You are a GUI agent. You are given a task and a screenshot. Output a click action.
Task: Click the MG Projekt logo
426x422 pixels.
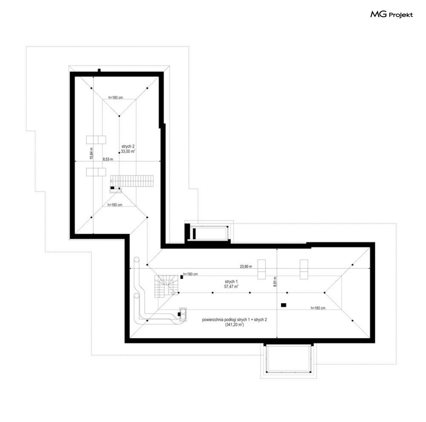(392, 14)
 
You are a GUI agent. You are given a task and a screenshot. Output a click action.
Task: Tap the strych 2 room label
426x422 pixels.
(128, 146)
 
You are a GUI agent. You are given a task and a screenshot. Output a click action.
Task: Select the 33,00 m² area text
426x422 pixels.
(128, 152)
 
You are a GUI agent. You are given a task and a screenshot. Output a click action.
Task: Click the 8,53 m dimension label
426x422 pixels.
(108, 159)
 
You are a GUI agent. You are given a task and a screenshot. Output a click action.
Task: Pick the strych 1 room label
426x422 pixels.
(231, 281)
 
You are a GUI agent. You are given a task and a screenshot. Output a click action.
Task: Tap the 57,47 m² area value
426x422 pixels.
(232, 286)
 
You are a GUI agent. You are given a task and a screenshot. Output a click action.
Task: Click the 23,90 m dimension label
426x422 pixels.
(246, 266)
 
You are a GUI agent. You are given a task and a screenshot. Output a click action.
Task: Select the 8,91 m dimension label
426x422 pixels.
(275, 282)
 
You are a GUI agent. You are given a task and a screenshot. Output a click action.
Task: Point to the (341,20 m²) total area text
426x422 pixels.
(234, 325)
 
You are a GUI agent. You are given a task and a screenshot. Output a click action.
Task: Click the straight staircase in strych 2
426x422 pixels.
(132, 181)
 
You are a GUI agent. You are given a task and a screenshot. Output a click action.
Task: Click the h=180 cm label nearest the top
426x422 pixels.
(116, 97)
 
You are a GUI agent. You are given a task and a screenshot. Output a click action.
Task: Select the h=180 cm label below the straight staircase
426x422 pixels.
(115, 205)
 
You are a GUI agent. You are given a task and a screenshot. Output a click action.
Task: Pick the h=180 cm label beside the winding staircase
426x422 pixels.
(190, 274)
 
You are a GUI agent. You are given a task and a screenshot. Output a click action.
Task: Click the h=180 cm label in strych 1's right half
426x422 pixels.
(318, 308)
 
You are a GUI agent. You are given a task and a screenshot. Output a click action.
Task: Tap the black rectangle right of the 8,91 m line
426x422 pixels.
(284, 305)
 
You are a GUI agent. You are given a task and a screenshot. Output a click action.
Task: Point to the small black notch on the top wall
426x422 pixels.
(99, 70)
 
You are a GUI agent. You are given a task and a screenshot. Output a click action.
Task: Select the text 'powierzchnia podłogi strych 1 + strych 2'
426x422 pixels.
(235, 320)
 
